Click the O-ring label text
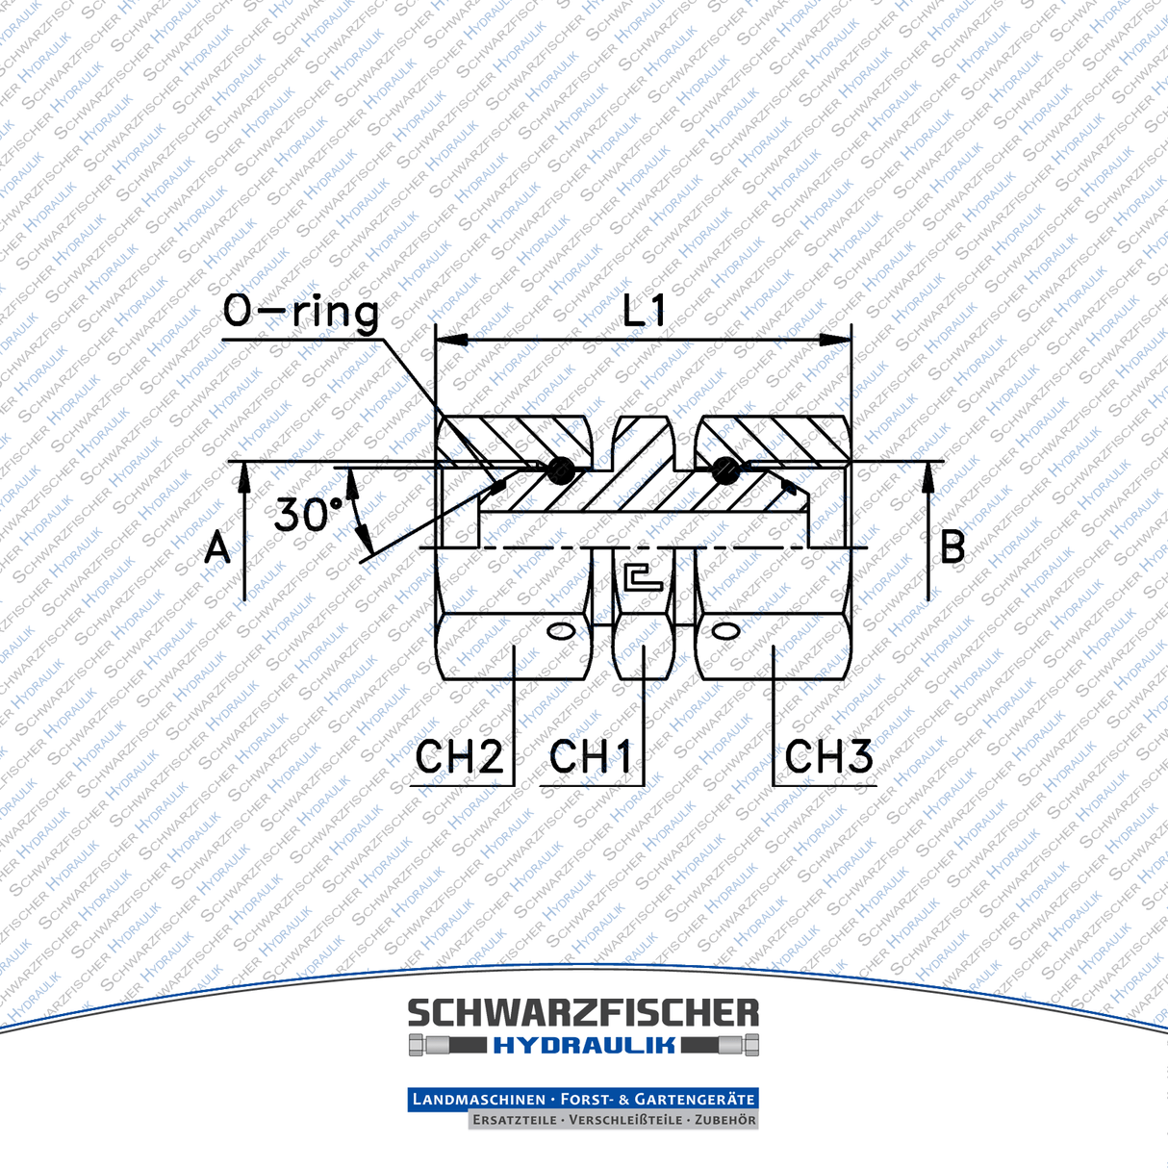click(x=300, y=313)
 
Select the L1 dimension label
click(x=644, y=312)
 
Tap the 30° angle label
click(x=308, y=515)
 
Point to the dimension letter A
click(x=218, y=548)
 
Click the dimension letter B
click(x=952, y=546)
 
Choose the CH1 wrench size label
click(x=591, y=757)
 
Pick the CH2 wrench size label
click(x=459, y=757)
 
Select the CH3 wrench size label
click(x=828, y=757)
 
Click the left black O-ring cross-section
click(x=560, y=470)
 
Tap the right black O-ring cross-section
click(x=726, y=470)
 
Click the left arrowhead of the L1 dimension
click(x=451, y=340)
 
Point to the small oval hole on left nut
click(x=561, y=631)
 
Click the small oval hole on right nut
click(x=725, y=631)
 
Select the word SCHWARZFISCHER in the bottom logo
click(x=583, y=1014)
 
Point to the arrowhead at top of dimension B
click(x=928, y=475)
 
